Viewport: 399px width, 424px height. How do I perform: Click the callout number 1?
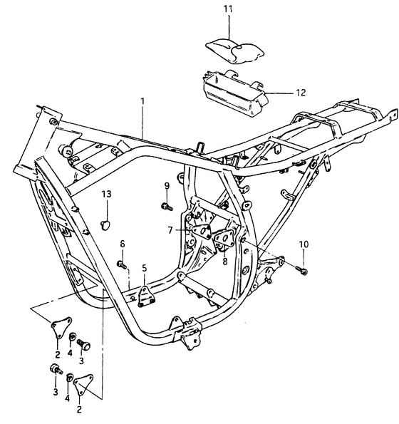click(142, 102)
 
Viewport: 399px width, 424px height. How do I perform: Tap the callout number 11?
click(227, 8)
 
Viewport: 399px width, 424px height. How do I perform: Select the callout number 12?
click(299, 93)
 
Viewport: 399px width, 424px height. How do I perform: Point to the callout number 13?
click(106, 194)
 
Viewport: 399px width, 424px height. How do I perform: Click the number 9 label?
click(166, 187)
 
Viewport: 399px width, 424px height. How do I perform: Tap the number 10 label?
click(304, 244)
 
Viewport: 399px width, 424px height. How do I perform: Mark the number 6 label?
click(122, 244)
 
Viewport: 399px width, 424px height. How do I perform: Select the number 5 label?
click(145, 269)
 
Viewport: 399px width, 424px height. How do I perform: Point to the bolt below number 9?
click(166, 207)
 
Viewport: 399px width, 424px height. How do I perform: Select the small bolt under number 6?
click(123, 264)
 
